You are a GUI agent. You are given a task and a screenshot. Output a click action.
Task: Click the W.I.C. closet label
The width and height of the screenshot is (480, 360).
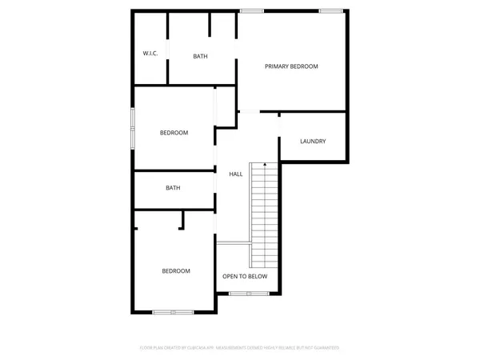150,54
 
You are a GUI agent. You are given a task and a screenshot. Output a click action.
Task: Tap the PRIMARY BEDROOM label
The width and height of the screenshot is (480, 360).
292,66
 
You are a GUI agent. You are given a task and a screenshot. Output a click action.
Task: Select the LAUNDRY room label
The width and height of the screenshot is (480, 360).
313,142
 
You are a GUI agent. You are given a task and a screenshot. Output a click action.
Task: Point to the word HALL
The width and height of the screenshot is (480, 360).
236,174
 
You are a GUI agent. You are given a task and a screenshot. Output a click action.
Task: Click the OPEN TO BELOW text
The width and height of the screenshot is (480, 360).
245,277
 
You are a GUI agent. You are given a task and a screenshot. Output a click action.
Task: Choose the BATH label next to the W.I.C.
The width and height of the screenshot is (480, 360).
201,57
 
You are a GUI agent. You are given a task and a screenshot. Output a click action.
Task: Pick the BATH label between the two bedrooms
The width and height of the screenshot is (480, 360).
173,188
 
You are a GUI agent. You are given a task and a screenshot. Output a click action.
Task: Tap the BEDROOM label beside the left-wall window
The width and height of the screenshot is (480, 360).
174,133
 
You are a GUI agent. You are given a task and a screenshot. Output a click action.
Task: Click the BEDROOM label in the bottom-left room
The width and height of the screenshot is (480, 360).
176,271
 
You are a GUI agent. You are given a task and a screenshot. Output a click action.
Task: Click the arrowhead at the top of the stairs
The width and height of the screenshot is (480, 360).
265,163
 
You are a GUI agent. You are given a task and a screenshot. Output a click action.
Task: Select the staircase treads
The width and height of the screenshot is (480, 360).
264,216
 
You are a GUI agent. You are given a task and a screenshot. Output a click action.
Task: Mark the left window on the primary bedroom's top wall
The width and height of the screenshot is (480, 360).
253,10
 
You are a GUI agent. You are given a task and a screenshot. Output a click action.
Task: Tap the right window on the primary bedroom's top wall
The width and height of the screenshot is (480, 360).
330,10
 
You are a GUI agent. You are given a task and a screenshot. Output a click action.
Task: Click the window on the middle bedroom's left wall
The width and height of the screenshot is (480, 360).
133,126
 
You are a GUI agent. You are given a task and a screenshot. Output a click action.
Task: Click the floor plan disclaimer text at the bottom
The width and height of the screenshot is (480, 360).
240,348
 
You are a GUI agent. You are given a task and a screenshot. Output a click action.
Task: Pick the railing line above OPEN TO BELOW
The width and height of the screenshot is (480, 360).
234,242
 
